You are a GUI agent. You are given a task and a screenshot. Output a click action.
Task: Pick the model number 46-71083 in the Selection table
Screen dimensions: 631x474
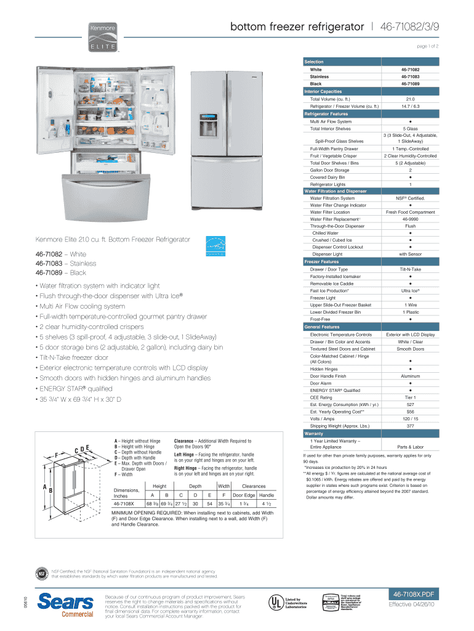click(410, 76)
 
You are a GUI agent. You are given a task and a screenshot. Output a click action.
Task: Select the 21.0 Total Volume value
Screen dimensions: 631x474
click(410, 99)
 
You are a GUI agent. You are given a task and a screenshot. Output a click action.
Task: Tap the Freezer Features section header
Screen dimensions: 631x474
click(321, 262)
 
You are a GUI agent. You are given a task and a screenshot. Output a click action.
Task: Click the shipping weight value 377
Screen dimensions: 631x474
click(410, 426)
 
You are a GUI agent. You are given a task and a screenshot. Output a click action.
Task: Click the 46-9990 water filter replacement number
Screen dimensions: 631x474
click(410, 219)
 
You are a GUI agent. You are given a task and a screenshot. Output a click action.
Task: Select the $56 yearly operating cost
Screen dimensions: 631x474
click(410, 412)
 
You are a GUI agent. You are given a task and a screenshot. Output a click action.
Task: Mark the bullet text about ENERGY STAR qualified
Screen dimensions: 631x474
click(74, 389)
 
